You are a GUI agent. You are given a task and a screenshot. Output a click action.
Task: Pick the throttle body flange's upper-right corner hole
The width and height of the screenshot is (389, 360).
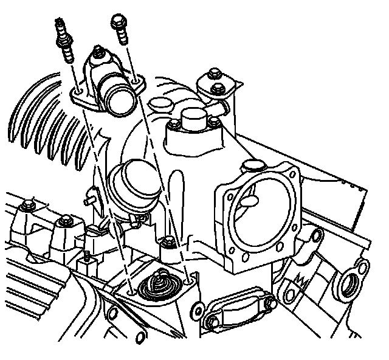tap(294, 175)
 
